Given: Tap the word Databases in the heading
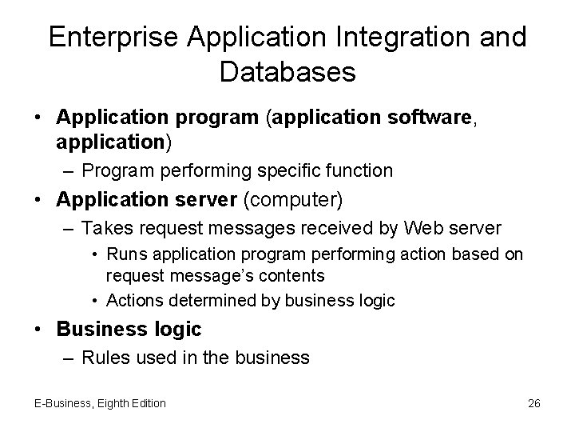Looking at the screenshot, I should [x=287, y=73].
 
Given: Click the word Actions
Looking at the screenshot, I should [x=133, y=300].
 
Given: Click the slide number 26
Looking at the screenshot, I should [x=534, y=403].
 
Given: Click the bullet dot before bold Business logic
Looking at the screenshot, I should [x=38, y=330].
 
